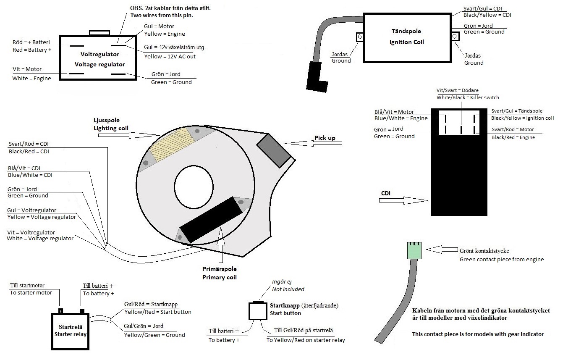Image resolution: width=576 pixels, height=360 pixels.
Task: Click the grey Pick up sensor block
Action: coord(273,150)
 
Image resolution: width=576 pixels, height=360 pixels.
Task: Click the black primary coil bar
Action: coord(211,219)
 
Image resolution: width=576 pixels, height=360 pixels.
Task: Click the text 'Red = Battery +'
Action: coord(32,50)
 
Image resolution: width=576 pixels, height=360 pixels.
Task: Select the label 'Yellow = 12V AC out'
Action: coord(170,56)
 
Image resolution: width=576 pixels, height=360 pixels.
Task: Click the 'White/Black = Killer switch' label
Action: coord(468,97)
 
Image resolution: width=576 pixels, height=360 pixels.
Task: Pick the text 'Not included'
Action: coord(288,289)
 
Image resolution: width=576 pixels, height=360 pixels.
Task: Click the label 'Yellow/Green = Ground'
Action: coord(154,335)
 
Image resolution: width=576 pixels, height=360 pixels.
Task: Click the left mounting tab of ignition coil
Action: coord(359,37)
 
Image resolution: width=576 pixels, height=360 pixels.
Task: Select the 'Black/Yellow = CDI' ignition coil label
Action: coord(487,15)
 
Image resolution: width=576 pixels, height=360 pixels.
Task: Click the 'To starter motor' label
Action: coord(31,292)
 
